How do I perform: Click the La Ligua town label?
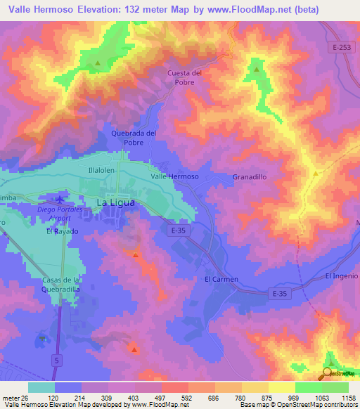112,202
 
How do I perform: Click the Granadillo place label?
249,178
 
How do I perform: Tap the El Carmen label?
221,279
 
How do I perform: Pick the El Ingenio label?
342,275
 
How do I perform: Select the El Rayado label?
63,231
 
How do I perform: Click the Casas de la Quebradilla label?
60,285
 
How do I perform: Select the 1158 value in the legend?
347,397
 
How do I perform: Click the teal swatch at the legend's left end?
41,387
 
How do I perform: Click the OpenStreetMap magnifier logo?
327,374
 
